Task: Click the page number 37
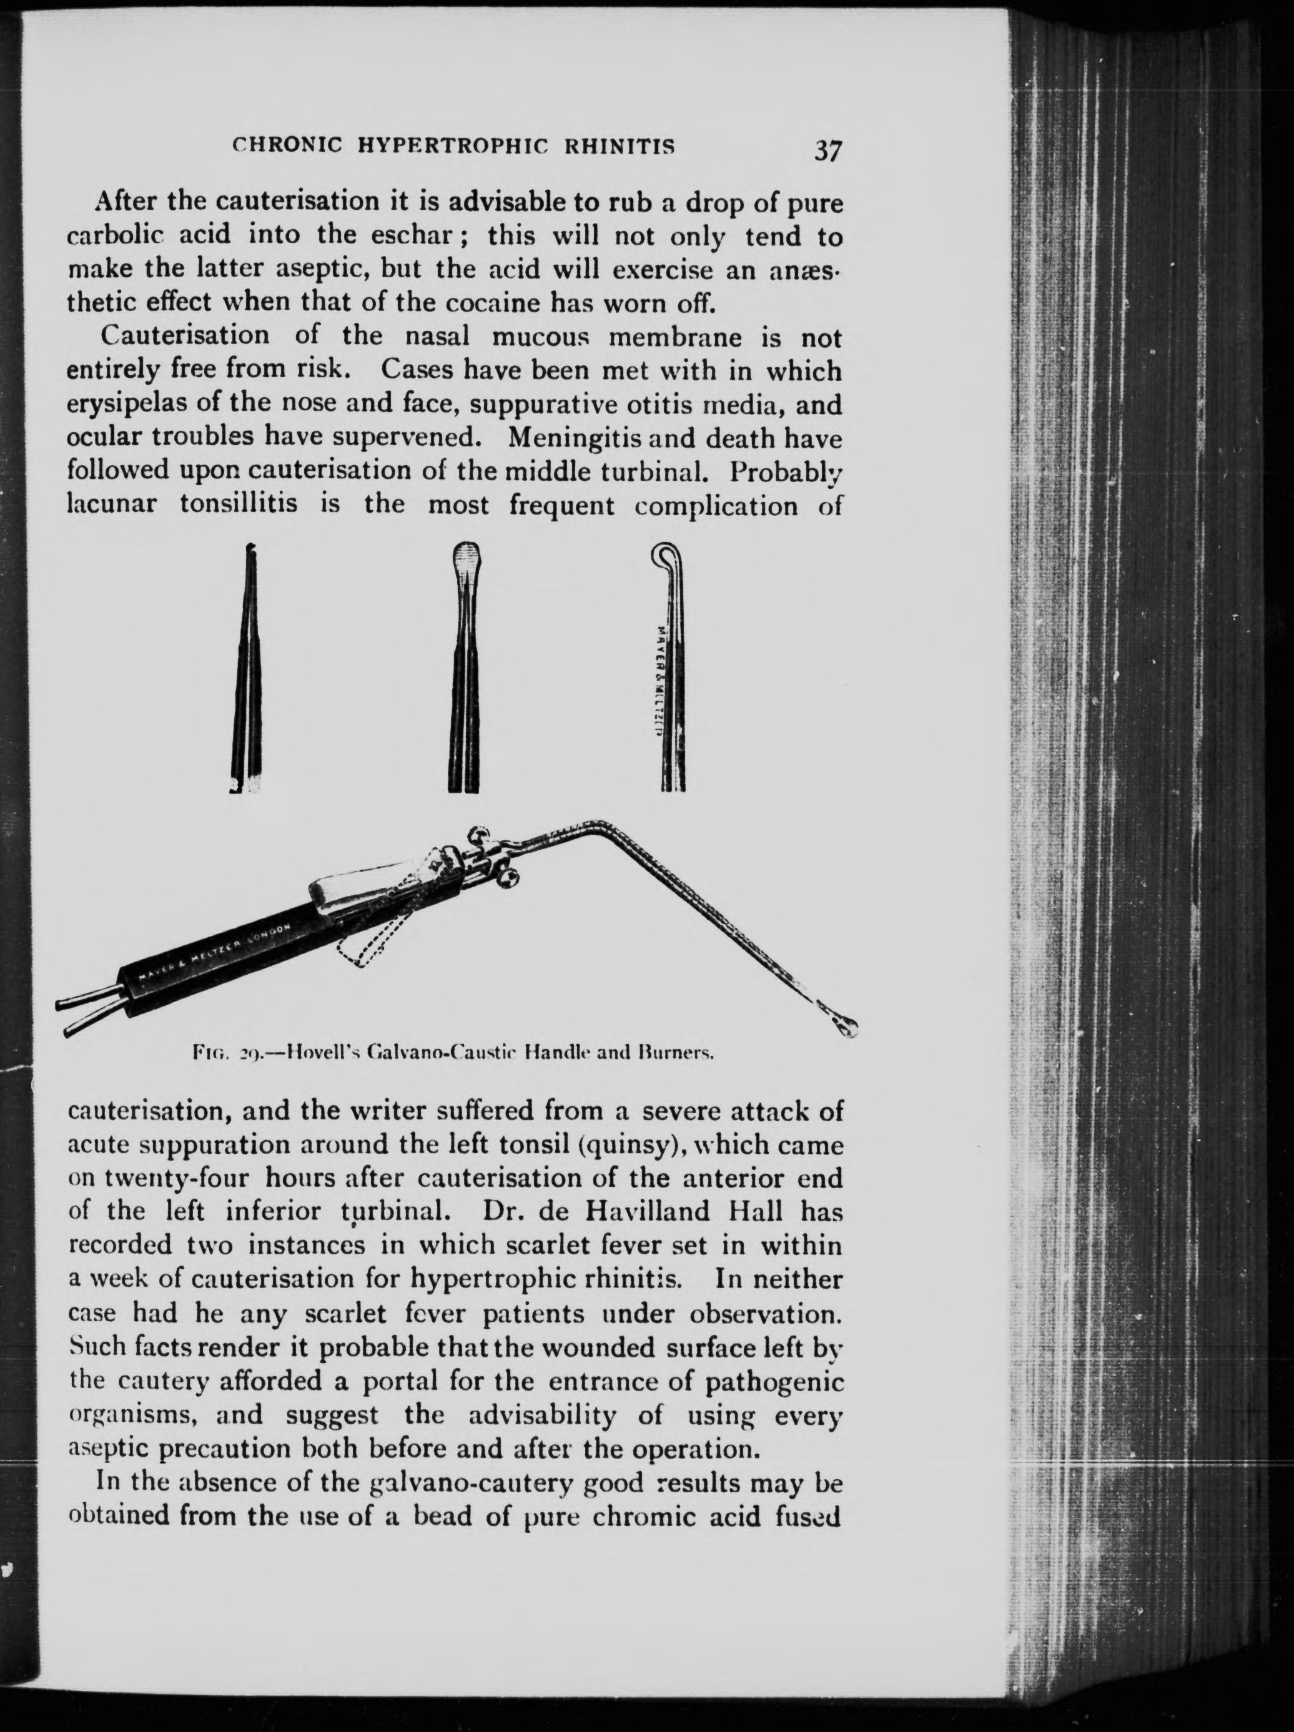pos(827,150)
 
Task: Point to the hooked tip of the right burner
pos(664,558)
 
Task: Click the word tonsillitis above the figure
pos(238,503)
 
